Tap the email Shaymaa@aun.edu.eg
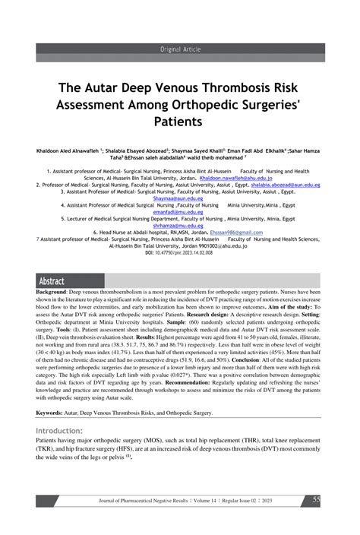[180, 199]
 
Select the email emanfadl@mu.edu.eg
[180, 212]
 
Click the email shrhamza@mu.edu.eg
[180, 226]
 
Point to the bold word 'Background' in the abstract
[52, 292]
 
